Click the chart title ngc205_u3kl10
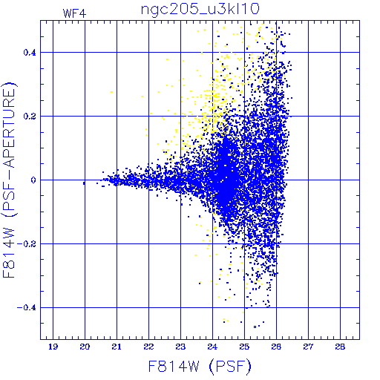pos(200,10)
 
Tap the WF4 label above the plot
pos(74,13)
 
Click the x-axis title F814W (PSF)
pos(200,367)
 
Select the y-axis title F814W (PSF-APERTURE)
pos(10,180)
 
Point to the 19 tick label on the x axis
pos(53,347)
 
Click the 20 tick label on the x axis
pos(85,347)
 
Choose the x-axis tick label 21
pos(117,347)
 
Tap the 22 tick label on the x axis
pos(148,347)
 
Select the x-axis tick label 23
pos(180,347)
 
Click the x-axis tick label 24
pos(212,347)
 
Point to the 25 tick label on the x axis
pos(244,347)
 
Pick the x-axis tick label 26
pos(276,347)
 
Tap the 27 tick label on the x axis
pos(308,347)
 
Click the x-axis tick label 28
pos(340,347)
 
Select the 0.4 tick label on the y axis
pos(30,53)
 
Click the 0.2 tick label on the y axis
pos(30,117)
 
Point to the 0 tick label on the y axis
pos(33,180)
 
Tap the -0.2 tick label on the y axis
pos(27,244)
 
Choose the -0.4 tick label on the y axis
pos(27,308)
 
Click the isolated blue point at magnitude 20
pos(84,183)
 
